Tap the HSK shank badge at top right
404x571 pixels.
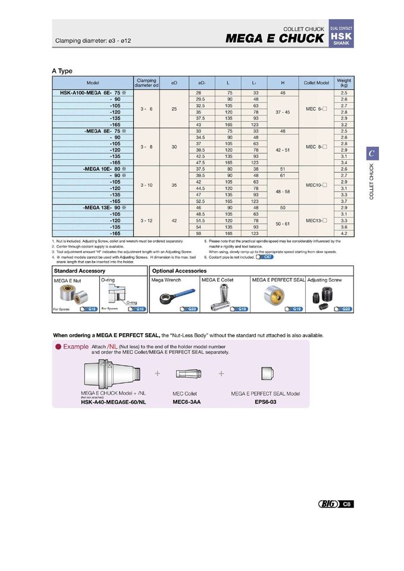pyautogui.click(x=341, y=36)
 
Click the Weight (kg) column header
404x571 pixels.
pyautogui.click(x=344, y=83)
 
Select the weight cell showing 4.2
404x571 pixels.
pyautogui.click(x=344, y=234)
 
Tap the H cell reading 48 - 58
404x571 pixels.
pyautogui.click(x=283, y=192)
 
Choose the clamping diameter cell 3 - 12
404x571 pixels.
pyautogui.click(x=146, y=221)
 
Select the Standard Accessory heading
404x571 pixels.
pyautogui.click(x=79, y=271)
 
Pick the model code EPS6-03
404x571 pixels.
pyautogui.click(x=265, y=401)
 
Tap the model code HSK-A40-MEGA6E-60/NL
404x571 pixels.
pyautogui.click(x=113, y=402)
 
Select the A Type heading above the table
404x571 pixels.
pyautogui.click(x=62, y=71)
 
